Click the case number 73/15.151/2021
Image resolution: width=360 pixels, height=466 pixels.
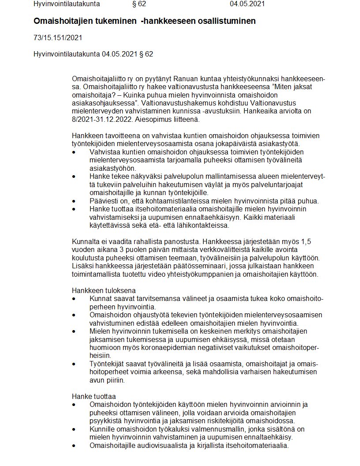pos(57,38)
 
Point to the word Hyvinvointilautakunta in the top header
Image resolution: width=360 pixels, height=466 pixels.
pos(66,4)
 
